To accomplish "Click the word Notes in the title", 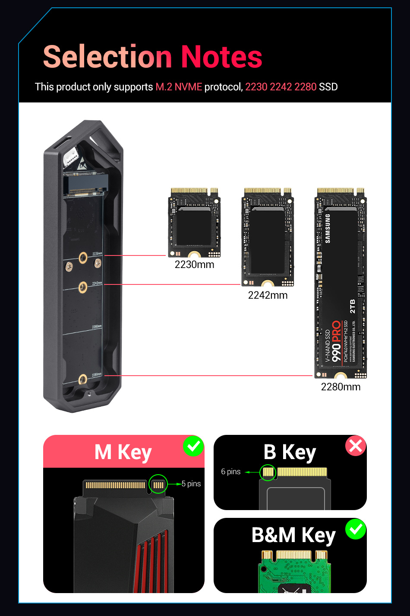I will [221, 57].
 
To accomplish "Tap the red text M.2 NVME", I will [179, 87].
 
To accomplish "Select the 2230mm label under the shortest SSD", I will [194, 265].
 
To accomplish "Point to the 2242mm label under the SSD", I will [268, 295].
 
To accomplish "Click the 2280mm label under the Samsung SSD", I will [341, 387].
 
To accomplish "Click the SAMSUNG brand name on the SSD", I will [328, 229].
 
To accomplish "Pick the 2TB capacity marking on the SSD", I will [353, 306].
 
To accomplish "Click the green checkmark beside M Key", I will [193, 446].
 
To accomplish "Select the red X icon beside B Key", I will [356, 446].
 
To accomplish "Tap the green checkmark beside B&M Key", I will [356, 529].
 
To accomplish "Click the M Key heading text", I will [123, 453].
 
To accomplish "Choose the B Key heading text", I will [290, 453].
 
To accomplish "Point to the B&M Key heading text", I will [293, 535].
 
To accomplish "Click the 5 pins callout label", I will [191, 484].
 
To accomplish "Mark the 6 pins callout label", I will [231, 472].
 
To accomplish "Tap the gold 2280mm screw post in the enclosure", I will [83, 380].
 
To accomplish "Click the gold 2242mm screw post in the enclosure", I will [83, 287].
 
